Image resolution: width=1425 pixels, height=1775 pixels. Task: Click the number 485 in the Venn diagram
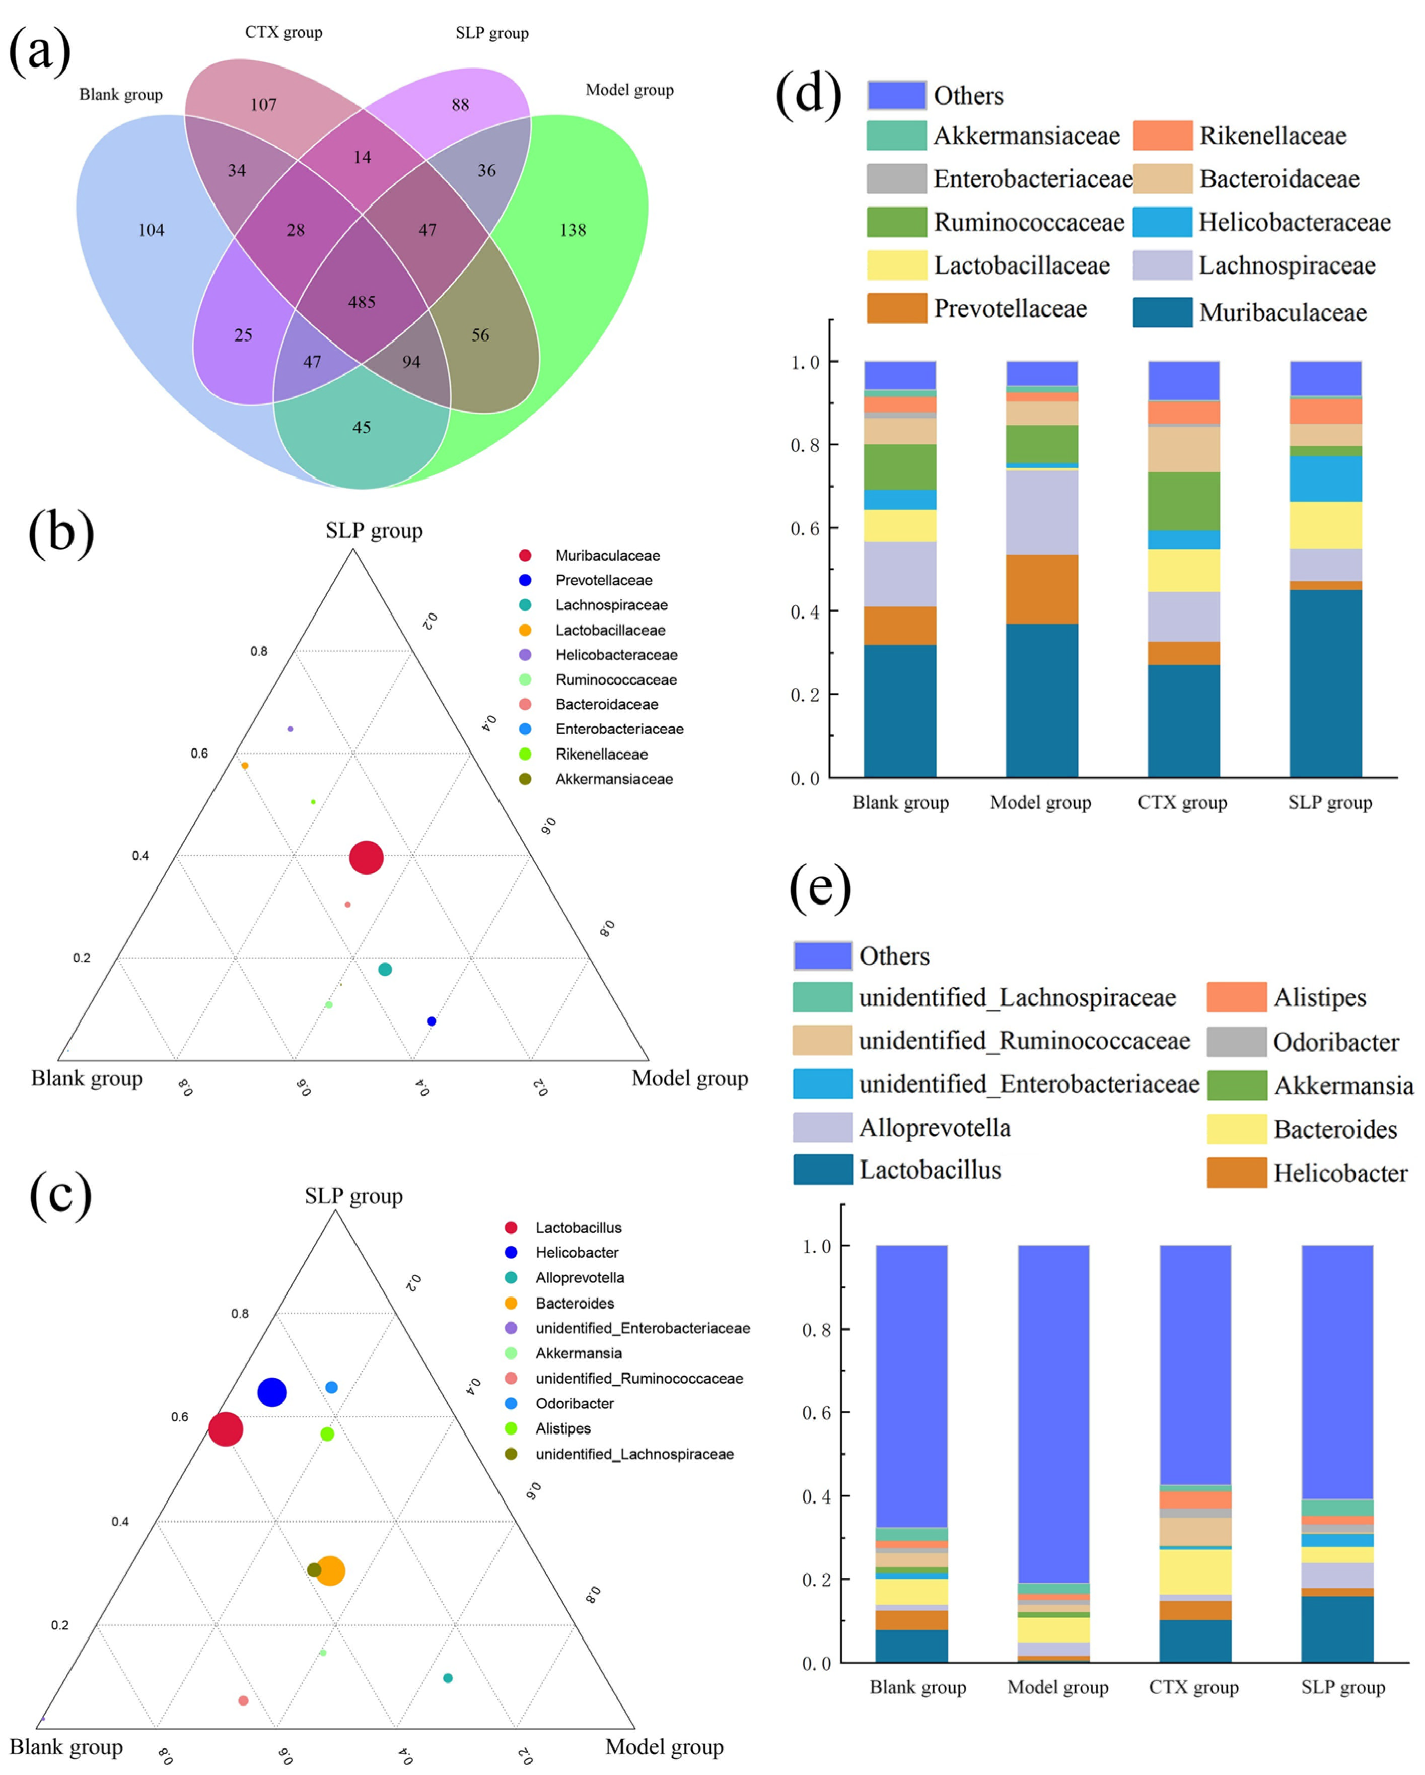coord(362,302)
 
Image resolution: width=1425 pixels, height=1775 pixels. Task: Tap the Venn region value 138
coord(573,230)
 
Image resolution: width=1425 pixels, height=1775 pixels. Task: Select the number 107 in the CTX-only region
coord(263,105)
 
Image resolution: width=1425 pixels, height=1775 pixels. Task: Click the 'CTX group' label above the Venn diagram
coord(283,32)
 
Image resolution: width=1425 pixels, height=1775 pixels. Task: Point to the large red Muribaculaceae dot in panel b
coord(367,858)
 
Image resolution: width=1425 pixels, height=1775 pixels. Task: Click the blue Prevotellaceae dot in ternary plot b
coord(432,1021)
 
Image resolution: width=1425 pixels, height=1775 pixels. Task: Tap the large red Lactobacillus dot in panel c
coord(226,1429)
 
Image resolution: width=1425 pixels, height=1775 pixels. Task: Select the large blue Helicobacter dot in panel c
coord(272,1392)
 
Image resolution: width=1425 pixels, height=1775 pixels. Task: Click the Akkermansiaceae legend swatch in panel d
coord(896,135)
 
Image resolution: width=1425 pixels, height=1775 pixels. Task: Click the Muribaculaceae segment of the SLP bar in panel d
coord(1325,684)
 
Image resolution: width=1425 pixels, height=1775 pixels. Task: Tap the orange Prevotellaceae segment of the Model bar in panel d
coord(1041,589)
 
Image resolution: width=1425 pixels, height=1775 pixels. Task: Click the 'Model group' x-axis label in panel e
coord(1058,1687)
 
